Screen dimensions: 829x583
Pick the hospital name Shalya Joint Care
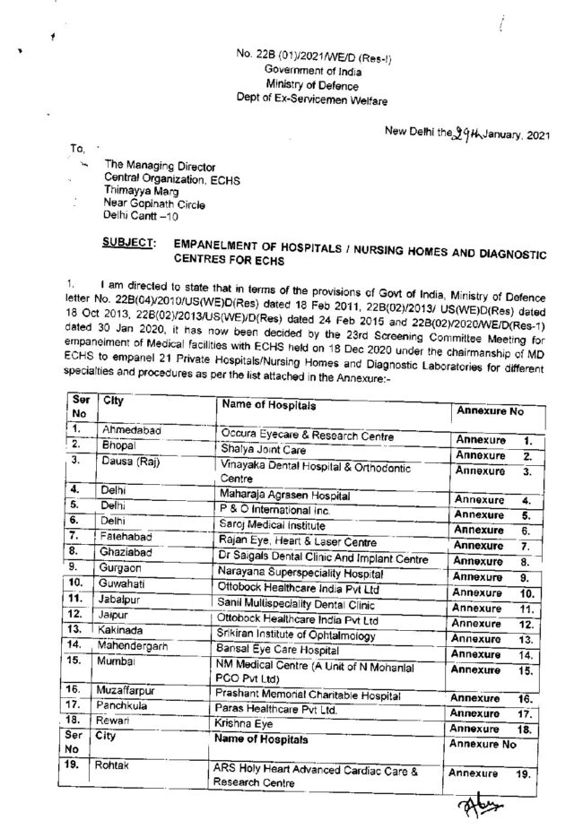tap(263, 445)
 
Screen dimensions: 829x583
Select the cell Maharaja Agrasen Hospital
tap(287, 494)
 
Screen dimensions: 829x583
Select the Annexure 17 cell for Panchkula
tap(492, 712)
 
